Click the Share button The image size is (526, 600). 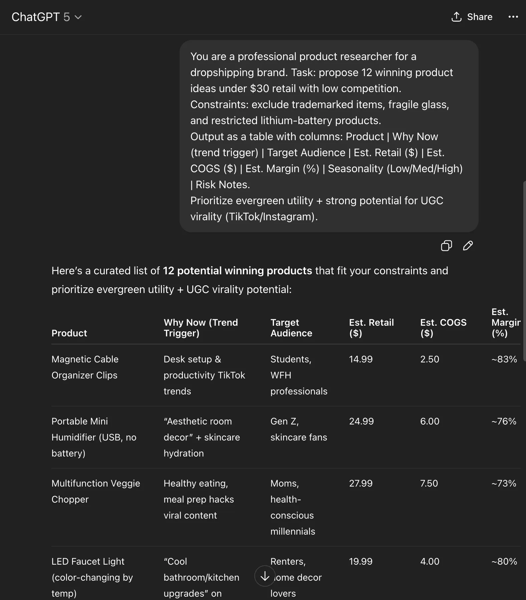click(x=472, y=17)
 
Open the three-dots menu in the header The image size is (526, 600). click(x=513, y=17)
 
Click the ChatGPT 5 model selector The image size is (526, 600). click(x=46, y=17)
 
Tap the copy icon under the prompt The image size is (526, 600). click(x=446, y=246)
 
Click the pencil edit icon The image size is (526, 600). click(x=468, y=246)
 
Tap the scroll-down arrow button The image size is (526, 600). click(x=265, y=576)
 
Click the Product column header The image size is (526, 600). click(x=69, y=333)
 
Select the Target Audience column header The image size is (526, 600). click(x=291, y=328)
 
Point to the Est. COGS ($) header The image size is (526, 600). click(x=443, y=328)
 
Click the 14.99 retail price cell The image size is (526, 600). click(x=360, y=359)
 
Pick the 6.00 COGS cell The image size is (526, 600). click(x=430, y=421)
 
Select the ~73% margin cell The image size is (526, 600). click(x=504, y=483)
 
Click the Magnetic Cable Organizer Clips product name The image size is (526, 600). click(x=85, y=367)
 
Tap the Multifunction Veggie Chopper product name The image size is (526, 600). click(x=95, y=491)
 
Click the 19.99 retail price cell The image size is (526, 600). click(x=360, y=561)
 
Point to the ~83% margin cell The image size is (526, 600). click(x=504, y=359)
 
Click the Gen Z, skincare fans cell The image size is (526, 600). click(x=298, y=429)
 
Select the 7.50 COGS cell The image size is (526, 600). click(x=429, y=483)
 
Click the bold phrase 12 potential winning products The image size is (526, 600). click(x=237, y=271)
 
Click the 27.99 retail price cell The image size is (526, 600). click(x=360, y=483)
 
